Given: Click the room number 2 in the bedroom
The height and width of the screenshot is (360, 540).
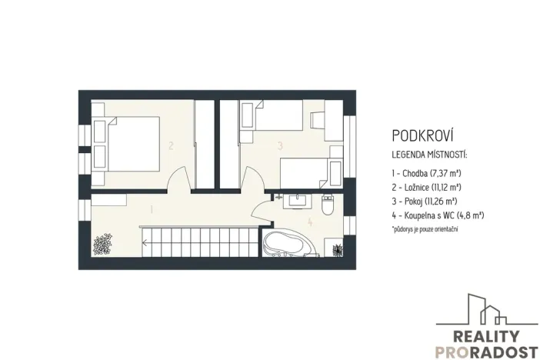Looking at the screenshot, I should [171, 145].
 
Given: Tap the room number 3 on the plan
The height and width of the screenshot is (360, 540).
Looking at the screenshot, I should [281, 144].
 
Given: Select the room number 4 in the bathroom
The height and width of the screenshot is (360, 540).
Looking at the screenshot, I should [310, 223].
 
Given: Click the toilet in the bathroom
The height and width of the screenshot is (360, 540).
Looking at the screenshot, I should [327, 205].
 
